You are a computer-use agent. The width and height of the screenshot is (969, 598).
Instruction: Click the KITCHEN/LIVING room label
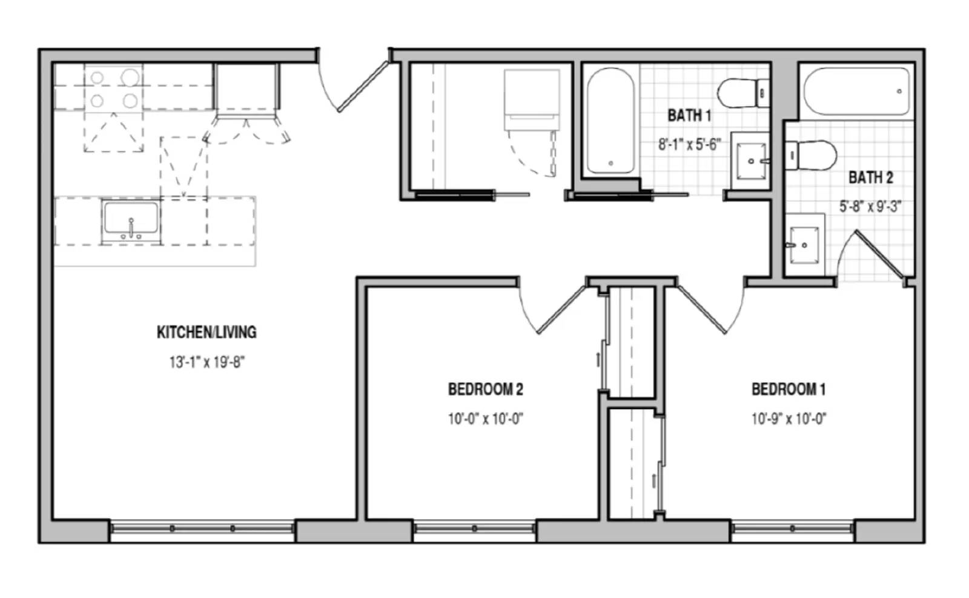click(x=207, y=332)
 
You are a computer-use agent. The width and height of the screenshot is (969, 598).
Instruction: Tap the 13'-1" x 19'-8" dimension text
click(x=207, y=362)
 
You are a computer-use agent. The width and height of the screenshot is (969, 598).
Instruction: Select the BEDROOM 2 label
click(x=485, y=390)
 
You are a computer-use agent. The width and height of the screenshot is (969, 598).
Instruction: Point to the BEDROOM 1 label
click(x=789, y=390)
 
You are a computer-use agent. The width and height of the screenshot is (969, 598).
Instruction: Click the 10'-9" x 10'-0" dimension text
click(x=789, y=419)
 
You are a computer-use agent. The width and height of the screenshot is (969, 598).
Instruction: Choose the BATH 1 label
click(x=689, y=116)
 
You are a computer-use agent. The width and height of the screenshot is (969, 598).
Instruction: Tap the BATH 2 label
click(x=870, y=178)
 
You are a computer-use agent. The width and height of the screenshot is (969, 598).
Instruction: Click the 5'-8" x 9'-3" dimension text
click(x=870, y=207)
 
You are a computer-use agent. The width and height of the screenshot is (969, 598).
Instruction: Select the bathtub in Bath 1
click(x=611, y=121)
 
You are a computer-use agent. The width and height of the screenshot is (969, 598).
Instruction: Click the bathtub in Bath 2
click(x=856, y=91)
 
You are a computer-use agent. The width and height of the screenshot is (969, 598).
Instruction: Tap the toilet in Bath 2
click(x=811, y=155)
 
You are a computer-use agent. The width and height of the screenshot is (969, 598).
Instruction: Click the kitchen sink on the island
click(x=131, y=221)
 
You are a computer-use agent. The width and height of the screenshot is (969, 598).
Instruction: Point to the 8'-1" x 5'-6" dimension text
click(x=690, y=145)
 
